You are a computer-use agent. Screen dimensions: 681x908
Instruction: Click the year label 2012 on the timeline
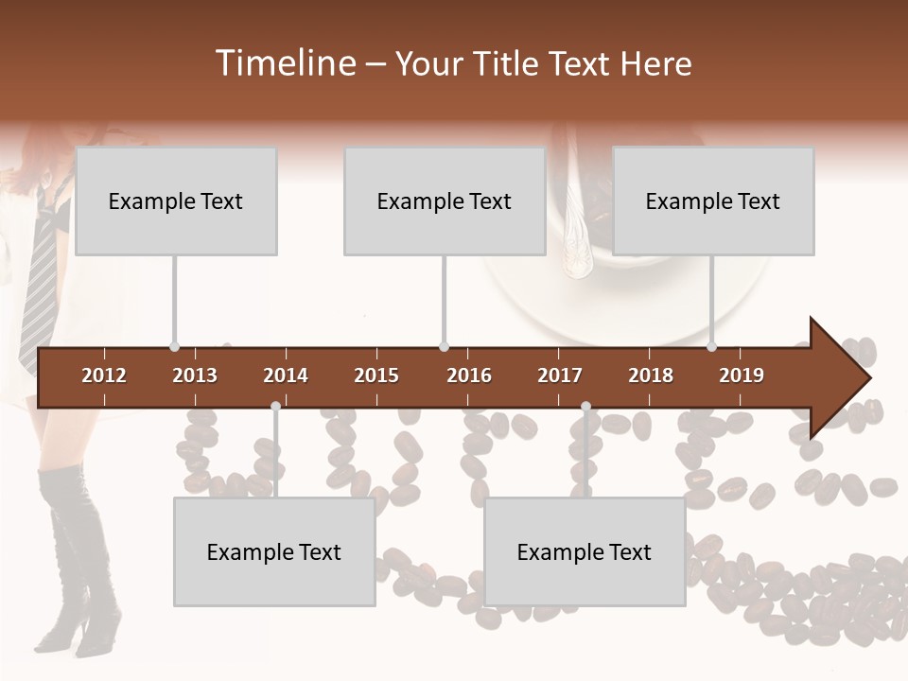tap(104, 375)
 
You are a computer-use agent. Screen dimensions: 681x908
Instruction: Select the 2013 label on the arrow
tap(195, 375)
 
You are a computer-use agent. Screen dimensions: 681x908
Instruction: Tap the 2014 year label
tap(286, 375)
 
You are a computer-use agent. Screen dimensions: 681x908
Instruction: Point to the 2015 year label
tap(376, 375)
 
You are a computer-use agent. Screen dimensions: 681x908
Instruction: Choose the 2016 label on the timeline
tap(469, 375)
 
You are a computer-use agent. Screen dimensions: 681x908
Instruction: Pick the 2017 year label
tap(560, 375)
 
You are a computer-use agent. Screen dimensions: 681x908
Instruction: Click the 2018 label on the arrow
tap(651, 375)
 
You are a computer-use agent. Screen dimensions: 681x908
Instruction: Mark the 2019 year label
tap(742, 375)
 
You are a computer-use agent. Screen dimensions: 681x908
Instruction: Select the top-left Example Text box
tap(176, 201)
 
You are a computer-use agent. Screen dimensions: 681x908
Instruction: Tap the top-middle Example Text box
tap(445, 201)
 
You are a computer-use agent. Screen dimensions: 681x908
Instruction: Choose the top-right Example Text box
tap(713, 201)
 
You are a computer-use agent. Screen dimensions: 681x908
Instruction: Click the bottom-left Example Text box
tap(274, 552)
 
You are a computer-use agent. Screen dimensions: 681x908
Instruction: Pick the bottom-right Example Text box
tap(585, 552)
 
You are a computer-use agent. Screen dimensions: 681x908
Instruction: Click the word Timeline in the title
tap(285, 63)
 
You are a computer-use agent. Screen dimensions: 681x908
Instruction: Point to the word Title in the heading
tap(512, 64)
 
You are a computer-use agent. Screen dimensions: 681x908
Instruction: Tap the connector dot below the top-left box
tap(174, 347)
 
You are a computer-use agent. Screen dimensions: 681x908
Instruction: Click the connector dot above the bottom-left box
tap(275, 407)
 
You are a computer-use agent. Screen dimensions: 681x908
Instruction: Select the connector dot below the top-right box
tap(711, 347)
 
